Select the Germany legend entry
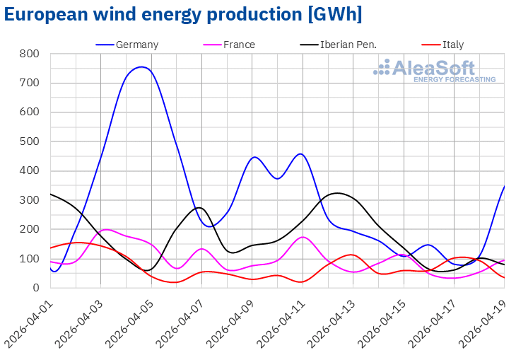[x=137, y=45]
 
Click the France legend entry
[x=239, y=45]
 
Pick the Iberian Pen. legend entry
[x=348, y=45]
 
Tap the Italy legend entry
[x=453, y=45]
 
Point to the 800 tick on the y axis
[x=30, y=54]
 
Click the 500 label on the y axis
[x=30, y=141]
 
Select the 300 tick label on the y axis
[x=30, y=200]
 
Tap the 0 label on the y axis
[x=35, y=288]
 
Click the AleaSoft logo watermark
[x=435, y=71]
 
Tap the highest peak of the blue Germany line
[x=143, y=67]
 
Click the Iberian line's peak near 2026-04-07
[x=199, y=208]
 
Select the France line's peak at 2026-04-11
[x=303, y=237]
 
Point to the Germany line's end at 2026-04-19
[x=504, y=187]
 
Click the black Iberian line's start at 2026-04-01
[x=51, y=194]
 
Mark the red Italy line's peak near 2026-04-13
[x=351, y=255]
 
